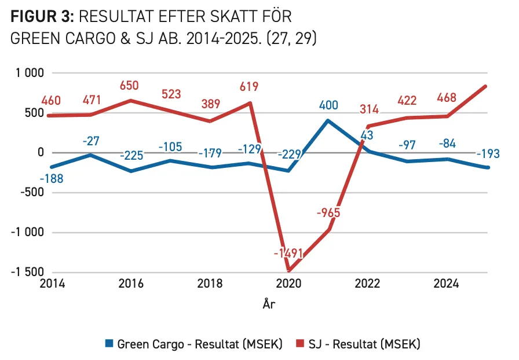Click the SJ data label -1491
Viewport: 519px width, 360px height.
(x=288, y=253)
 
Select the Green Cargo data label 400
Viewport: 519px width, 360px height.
(x=328, y=105)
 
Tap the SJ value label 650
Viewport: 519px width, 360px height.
(x=129, y=85)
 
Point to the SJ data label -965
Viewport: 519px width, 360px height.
(x=328, y=212)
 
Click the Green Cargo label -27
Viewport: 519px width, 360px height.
(x=91, y=141)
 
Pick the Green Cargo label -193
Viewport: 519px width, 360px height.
(x=488, y=153)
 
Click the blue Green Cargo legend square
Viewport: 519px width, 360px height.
(x=109, y=343)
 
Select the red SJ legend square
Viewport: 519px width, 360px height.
(x=300, y=343)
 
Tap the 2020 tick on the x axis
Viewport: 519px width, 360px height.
(x=288, y=284)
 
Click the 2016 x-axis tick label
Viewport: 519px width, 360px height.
(x=131, y=284)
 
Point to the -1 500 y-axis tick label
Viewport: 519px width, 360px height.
(x=27, y=272)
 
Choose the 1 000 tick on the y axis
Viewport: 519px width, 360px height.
(x=30, y=73)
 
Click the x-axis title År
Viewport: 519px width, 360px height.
(x=269, y=303)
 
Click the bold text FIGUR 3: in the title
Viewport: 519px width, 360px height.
(x=42, y=17)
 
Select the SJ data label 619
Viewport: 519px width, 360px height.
(x=249, y=87)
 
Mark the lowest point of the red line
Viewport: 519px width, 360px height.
(x=289, y=271)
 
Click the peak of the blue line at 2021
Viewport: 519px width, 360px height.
(x=328, y=120)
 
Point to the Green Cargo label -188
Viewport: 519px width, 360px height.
(x=52, y=179)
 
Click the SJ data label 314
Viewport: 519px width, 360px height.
(x=369, y=109)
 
